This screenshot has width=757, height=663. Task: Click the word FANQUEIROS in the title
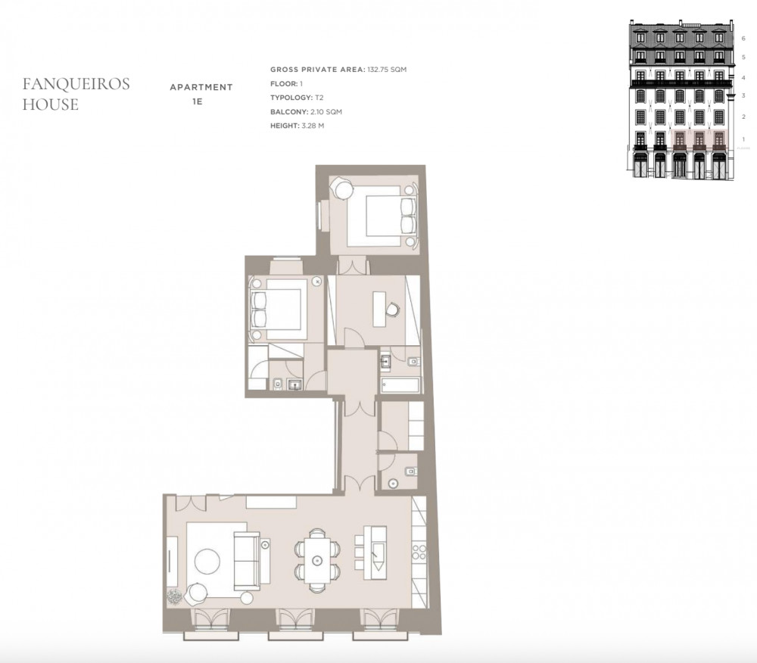point(76,84)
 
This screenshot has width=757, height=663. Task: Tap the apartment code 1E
point(197,102)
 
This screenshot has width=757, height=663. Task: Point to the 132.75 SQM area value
point(387,70)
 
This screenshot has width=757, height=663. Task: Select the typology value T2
point(319,98)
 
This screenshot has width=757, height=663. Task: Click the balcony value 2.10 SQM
point(326,111)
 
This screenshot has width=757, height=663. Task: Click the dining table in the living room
point(317,560)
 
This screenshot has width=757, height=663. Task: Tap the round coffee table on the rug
point(207,561)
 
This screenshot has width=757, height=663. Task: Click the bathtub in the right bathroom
point(400,385)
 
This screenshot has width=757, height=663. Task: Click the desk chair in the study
point(394,309)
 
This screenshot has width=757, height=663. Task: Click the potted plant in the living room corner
point(174,597)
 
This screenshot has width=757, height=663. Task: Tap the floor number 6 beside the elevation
point(743,38)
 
